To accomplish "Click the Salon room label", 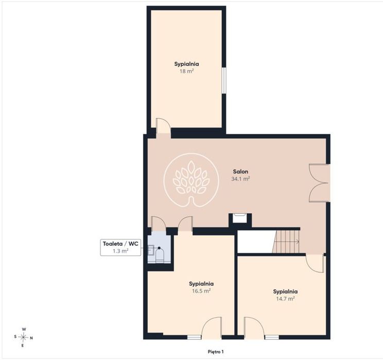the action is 240,172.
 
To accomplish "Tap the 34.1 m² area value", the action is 240,179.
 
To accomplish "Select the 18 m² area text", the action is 187,71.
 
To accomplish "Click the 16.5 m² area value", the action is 201,291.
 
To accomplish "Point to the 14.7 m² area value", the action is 285,298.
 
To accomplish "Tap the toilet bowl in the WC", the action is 159,255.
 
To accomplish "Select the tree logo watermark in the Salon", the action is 191,180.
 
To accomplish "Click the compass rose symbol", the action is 23,337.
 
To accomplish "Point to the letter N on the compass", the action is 31,338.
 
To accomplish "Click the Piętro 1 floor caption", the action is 216,352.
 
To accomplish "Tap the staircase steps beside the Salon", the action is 286,242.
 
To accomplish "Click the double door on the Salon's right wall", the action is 320,183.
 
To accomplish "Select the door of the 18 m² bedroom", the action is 163,126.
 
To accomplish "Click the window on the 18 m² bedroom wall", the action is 224,80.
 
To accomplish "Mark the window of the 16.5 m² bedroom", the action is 194,337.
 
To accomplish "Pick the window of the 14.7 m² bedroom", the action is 272,337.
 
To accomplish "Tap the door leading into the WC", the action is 159,224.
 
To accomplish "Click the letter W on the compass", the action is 24,329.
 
